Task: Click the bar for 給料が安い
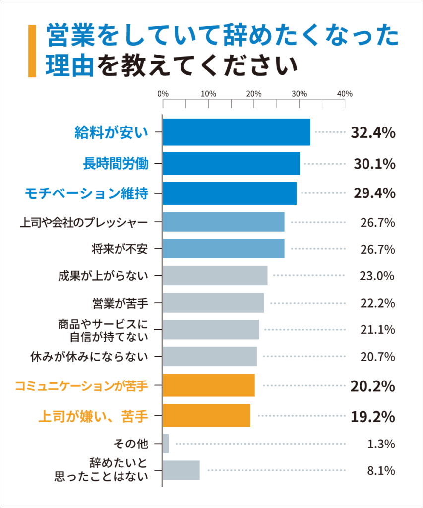point(236,132)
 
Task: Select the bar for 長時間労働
point(231,163)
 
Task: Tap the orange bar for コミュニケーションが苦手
point(209,386)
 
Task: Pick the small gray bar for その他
point(166,444)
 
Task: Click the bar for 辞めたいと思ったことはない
point(181,470)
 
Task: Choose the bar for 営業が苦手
point(213,303)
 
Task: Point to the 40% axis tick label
point(345,94)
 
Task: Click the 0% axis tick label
point(163,94)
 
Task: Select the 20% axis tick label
point(254,94)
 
